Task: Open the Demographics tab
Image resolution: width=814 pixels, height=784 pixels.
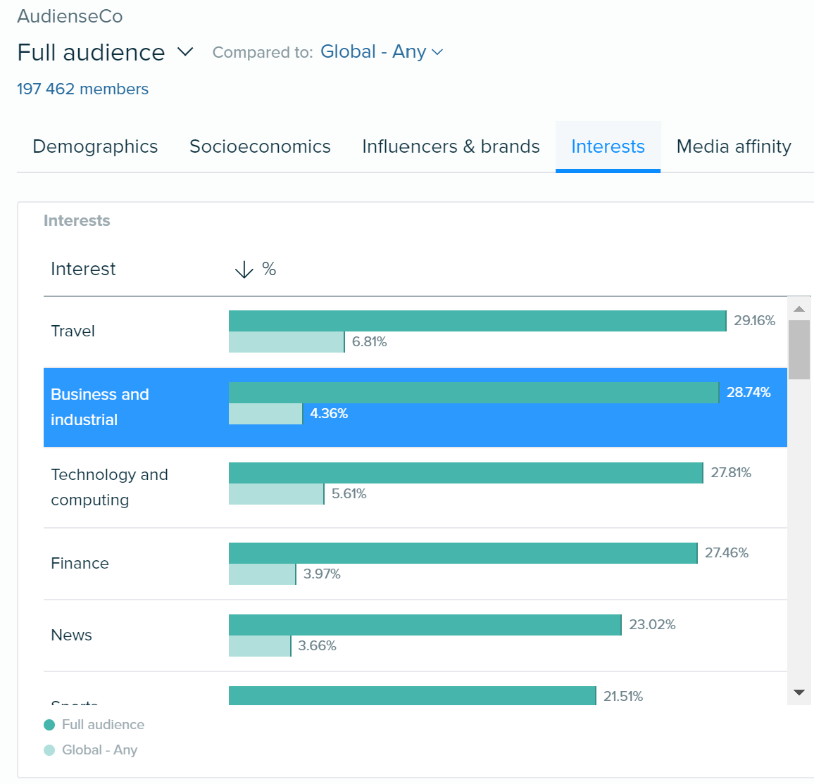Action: coord(95,146)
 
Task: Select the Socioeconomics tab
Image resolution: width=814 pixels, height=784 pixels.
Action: coord(260,146)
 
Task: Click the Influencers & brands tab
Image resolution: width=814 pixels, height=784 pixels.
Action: coord(451,146)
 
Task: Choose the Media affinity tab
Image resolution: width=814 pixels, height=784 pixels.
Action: coord(734,146)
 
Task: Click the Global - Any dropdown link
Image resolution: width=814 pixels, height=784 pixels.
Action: coord(381,52)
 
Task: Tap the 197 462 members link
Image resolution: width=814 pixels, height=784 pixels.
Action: coord(82,89)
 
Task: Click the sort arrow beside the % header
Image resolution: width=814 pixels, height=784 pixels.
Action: coord(244,270)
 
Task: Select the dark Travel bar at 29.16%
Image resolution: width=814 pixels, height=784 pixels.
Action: coord(477,321)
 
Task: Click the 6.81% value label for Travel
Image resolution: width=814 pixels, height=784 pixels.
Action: coord(369,342)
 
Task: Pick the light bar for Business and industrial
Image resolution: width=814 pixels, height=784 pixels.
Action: coord(265,414)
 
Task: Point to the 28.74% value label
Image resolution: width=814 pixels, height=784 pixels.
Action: coord(748,393)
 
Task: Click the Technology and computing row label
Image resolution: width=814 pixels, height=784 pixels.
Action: coord(109,487)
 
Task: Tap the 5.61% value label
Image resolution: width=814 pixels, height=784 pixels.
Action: coord(349,494)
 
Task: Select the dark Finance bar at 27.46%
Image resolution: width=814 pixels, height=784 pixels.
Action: coord(463,553)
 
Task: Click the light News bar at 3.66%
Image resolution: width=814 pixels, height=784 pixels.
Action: coord(259,646)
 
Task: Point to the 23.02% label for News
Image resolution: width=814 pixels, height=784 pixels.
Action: coord(652,625)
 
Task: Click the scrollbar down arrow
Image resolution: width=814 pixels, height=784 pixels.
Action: coord(799,693)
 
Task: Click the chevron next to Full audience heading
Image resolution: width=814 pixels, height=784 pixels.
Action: coord(185,52)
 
